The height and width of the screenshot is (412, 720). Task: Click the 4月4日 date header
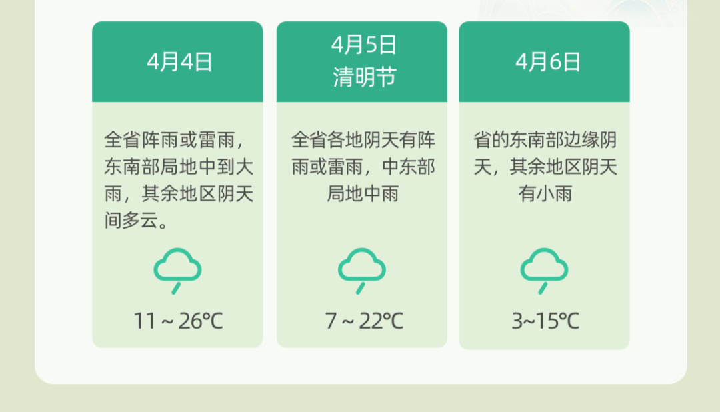point(179,62)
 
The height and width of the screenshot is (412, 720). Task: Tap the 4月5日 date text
point(364,45)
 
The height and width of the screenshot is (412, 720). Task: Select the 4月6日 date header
point(548,62)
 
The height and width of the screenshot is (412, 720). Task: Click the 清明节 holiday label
point(364,77)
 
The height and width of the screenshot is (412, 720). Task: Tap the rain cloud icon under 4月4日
point(177,271)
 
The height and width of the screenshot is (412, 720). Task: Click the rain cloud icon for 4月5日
point(362,271)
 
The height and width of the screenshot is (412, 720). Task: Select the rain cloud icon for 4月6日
point(544,271)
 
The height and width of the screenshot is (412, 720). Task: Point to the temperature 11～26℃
point(178,321)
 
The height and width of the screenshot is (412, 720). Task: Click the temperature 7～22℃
point(364,321)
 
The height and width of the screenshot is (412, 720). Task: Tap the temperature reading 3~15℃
point(545,321)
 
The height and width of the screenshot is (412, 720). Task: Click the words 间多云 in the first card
point(131,220)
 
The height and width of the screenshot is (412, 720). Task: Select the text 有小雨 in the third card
point(545,193)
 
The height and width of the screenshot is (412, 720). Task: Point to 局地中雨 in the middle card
point(363,193)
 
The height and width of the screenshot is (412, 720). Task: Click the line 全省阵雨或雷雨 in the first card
point(169,139)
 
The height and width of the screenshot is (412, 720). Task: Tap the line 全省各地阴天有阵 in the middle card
point(363,139)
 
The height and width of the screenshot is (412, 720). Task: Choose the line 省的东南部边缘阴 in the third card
point(545,139)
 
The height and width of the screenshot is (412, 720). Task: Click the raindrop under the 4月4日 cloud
point(176,288)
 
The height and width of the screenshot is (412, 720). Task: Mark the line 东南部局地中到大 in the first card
point(179,167)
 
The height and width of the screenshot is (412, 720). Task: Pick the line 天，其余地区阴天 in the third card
point(545,167)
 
